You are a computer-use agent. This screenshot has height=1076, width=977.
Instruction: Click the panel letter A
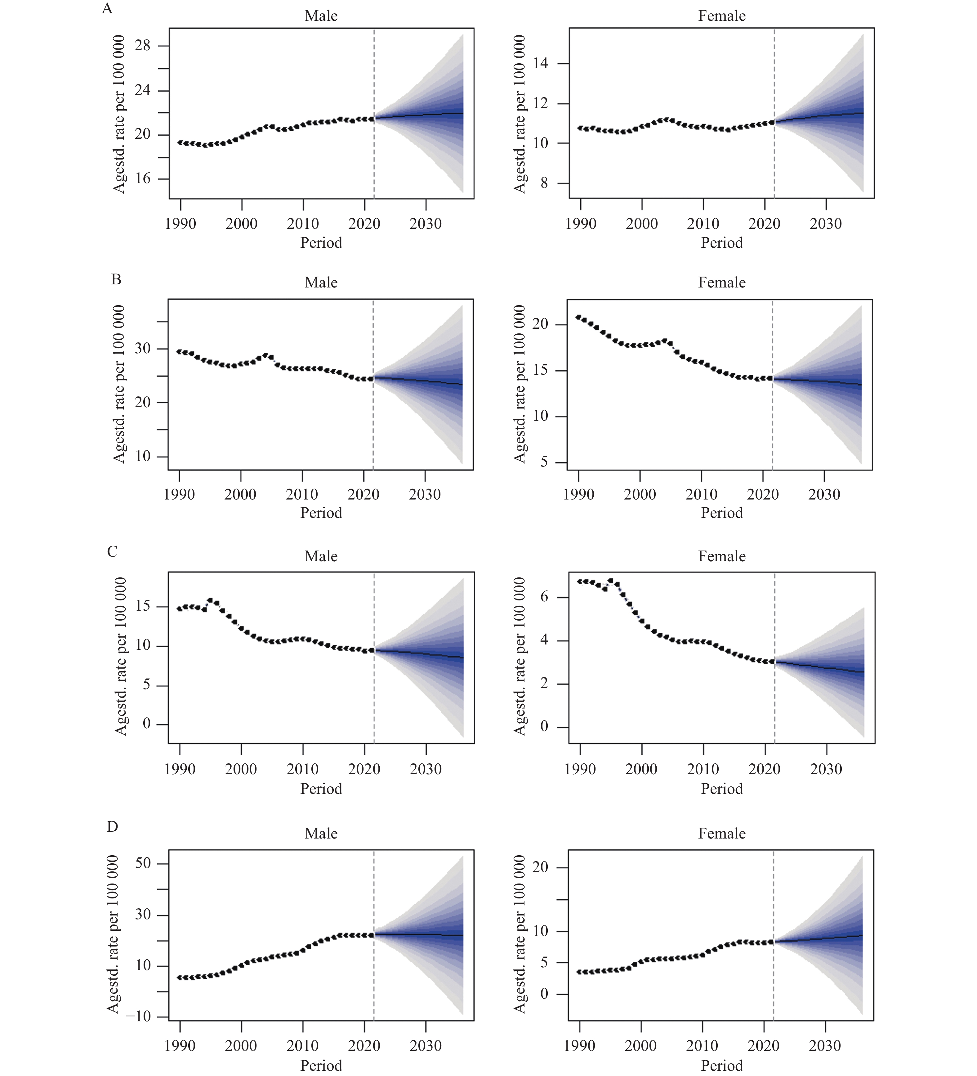click(x=107, y=9)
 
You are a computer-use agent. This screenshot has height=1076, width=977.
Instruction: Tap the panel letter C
click(x=112, y=551)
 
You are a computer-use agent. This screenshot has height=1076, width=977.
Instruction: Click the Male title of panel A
click(x=321, y=16)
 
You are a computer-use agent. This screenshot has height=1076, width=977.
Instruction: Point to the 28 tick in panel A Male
click(x=143, y=46)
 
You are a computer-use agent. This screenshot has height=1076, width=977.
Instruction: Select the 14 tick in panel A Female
click(x=540, y=64)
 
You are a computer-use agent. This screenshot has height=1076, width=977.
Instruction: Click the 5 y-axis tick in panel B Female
click(x=544, y=462)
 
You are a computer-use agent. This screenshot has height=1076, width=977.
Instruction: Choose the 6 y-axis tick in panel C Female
click(x=545, y=597)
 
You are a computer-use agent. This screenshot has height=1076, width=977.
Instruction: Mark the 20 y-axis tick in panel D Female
click(x=540, y=867)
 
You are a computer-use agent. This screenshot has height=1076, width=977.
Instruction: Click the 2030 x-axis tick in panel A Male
click(x=426, y=224)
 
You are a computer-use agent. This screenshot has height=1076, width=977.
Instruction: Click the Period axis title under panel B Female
click(x=721, y=513)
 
